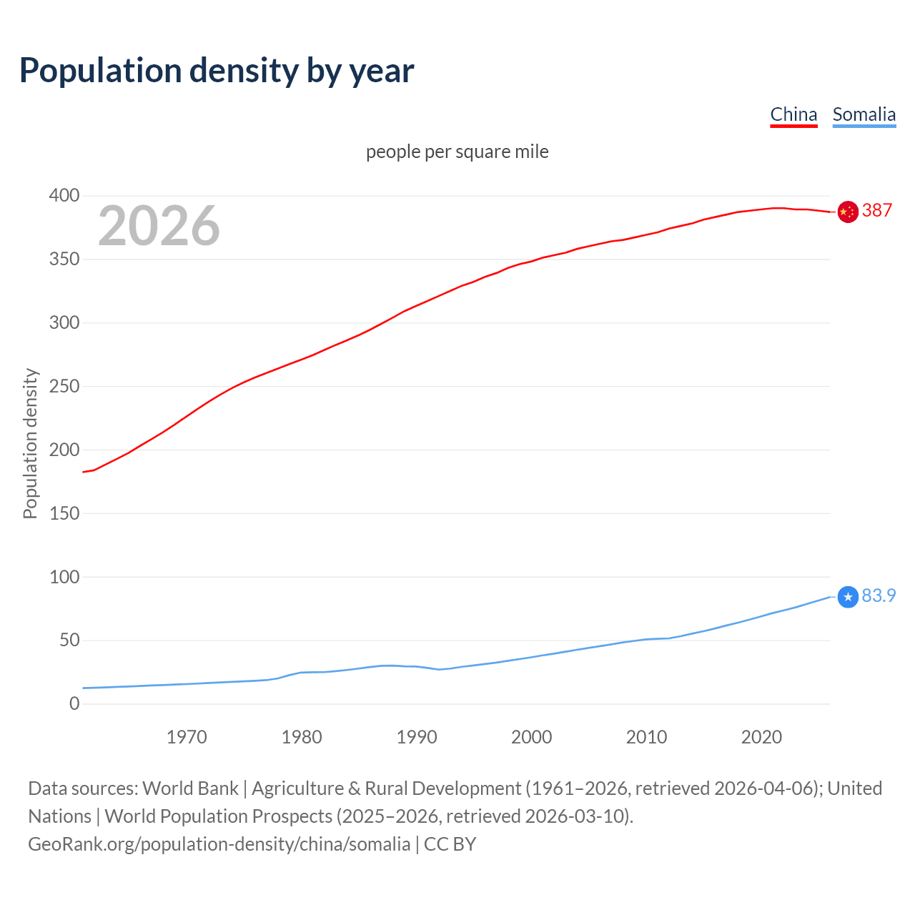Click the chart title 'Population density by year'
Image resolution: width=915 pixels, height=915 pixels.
pos(217,71)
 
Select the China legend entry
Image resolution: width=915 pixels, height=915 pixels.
pos(793,114)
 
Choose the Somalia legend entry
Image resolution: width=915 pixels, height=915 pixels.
pos(864,114)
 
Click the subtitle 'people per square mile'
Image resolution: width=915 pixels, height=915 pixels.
pos(457,152)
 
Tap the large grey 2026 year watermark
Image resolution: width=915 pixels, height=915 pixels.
pos(159,226)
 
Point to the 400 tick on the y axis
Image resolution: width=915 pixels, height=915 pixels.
pos(64,195)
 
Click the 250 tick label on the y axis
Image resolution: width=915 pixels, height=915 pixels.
pos(64,386)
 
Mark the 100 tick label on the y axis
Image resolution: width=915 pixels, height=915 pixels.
pos(64,576)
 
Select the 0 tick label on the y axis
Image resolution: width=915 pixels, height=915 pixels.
pos(74,703)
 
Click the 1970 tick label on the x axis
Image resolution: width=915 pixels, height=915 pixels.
pos(187,737)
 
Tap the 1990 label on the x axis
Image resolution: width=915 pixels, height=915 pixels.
pos(417,737)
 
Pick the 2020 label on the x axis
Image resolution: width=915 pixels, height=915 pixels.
pos(761,737)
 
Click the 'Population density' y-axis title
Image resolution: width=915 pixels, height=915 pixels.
pos(30,443)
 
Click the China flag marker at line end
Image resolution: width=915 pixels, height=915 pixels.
pos(848,212)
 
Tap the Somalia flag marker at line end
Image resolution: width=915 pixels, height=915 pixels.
pos(848,597)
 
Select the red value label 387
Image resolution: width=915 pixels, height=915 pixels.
pos(877,210)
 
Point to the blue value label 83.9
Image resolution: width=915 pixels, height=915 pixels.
pos(879,595)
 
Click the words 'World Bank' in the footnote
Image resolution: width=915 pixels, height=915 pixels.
pos(190,788)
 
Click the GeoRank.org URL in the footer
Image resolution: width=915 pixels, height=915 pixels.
pos(219,844)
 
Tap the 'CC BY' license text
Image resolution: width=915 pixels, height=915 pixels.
pos(450,844)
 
